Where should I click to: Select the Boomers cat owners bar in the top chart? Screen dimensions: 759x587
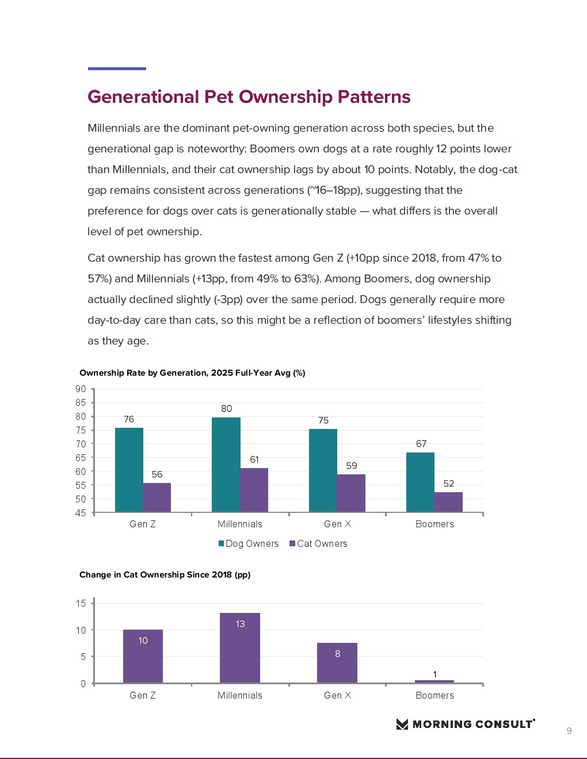(x=448, y=502)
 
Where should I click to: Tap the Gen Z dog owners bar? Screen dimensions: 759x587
(x=129, y=470)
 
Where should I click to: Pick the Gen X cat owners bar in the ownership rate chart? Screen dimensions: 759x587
(x=351, y=493)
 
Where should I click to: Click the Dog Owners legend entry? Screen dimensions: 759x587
(x=249, y=543)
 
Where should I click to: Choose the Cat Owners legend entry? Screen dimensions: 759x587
(x=319, y=543)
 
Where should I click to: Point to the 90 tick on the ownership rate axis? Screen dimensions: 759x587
(x=81, y=389)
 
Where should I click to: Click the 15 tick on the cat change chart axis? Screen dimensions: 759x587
(x=81, y=603)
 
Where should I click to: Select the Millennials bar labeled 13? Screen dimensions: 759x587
(x=240, y=648)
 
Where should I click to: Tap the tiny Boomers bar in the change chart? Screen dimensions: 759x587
(x=434, y=681)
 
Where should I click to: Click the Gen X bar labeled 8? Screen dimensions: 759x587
(x=337, y=663)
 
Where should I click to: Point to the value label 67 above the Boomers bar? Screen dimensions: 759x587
(x=421, y=443)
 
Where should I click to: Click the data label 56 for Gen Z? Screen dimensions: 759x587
(x=157, y=474)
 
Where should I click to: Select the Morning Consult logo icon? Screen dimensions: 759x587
(x=402, y=724)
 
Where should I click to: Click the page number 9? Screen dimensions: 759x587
(x=569, y=731)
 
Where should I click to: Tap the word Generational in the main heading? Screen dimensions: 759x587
(x=143, y=97)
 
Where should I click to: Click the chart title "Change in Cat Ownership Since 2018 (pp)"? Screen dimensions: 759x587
(x=165, y=574)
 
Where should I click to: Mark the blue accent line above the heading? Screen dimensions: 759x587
(x=117, y=68)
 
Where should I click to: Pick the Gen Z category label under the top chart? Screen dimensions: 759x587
(x=143, y=524)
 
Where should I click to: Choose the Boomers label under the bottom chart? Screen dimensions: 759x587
(x=434, y=695)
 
